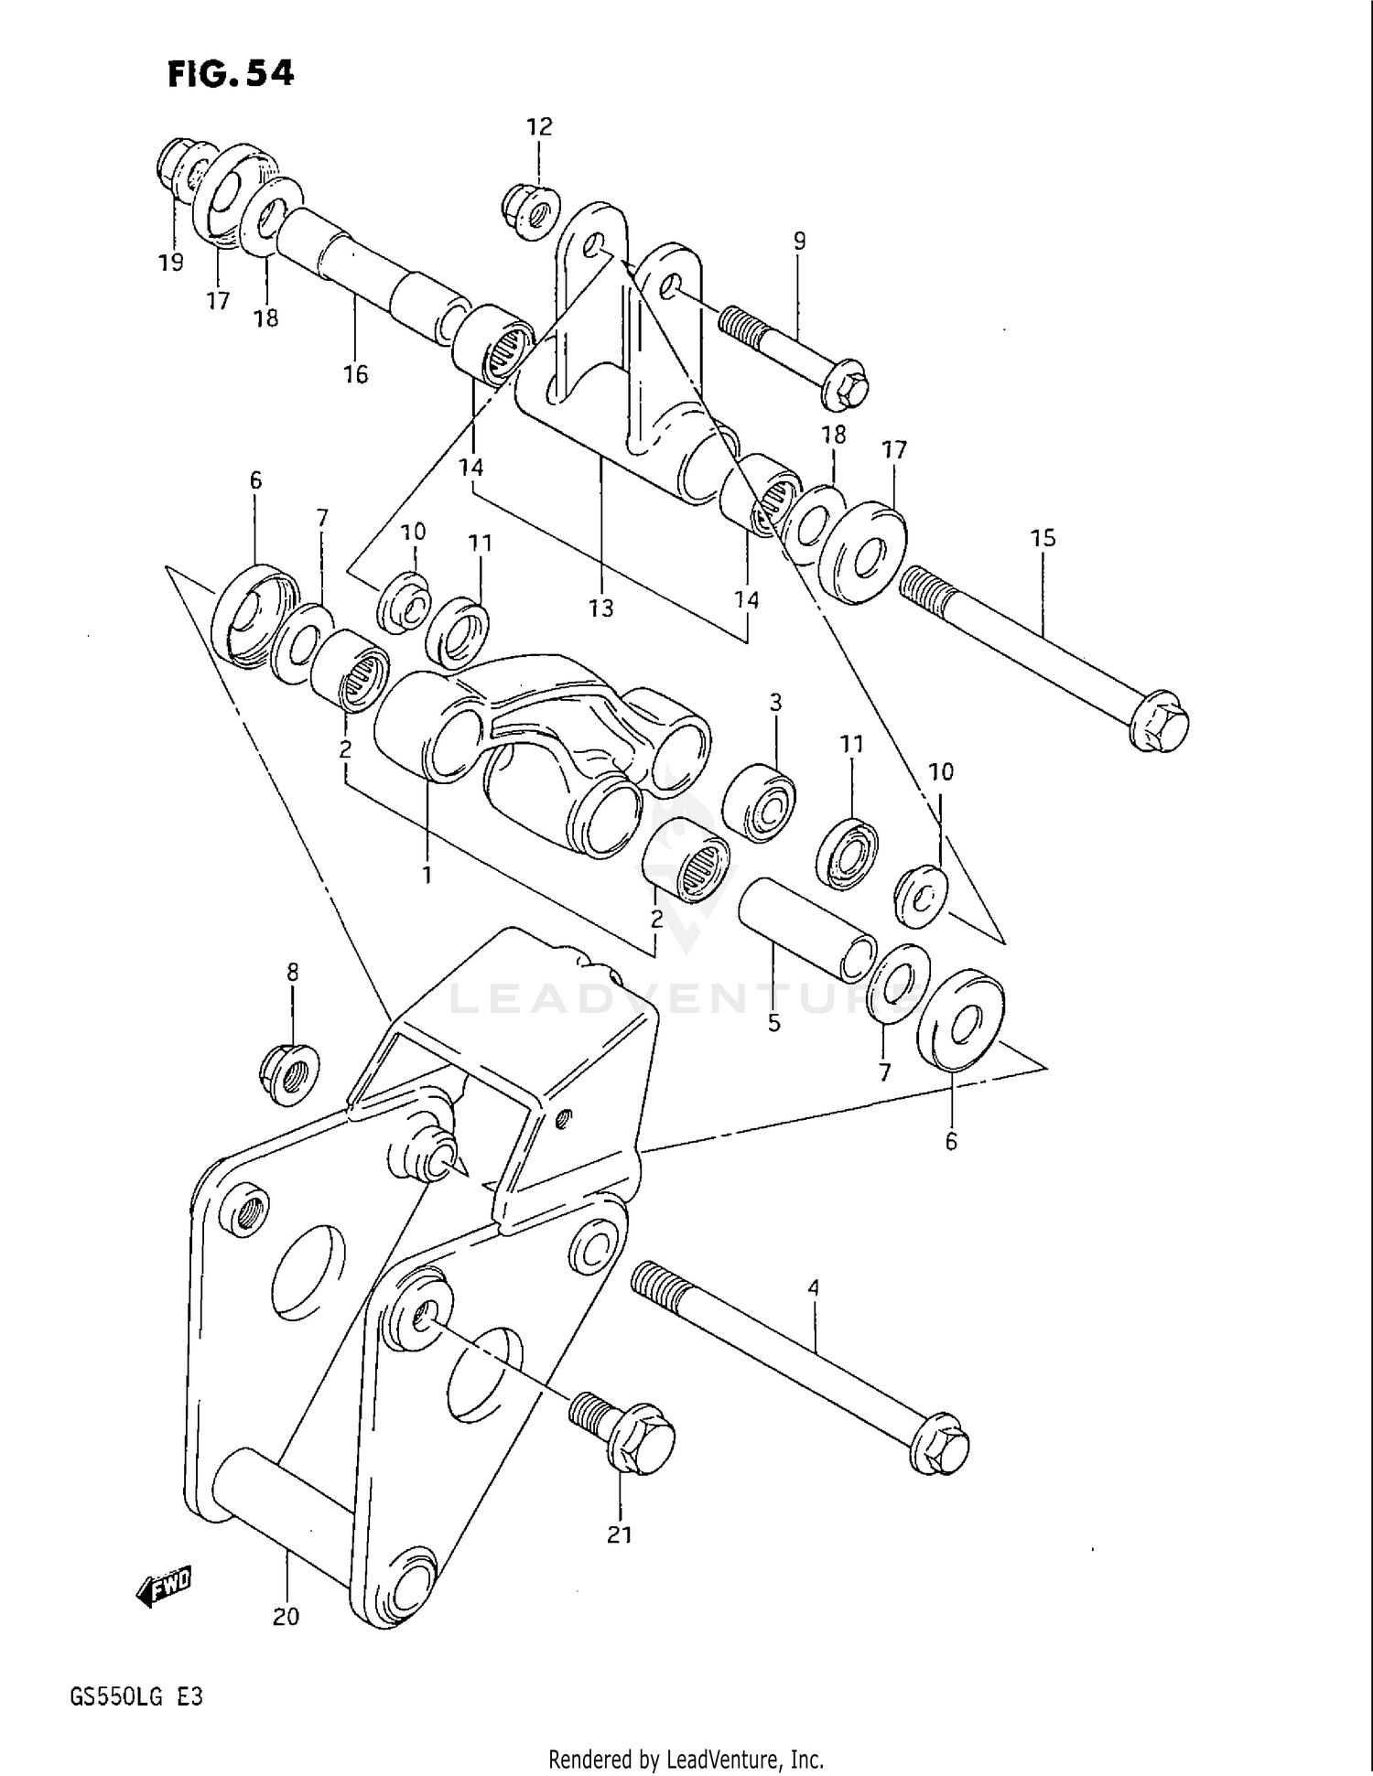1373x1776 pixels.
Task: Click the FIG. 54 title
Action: [231, 74]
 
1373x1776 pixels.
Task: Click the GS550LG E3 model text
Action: [136, 1697]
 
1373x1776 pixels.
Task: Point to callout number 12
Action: [540, 127]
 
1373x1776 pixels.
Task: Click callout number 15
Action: [1043, 538]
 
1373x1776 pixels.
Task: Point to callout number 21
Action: [620, 1534]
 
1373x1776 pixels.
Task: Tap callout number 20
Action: [286, 1617]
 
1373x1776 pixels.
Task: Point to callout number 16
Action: [355, 373]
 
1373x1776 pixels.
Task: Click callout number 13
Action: [601, 608]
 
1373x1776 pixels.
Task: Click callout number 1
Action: [427, 875]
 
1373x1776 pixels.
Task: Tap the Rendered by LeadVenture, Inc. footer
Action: [686, 1759]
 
